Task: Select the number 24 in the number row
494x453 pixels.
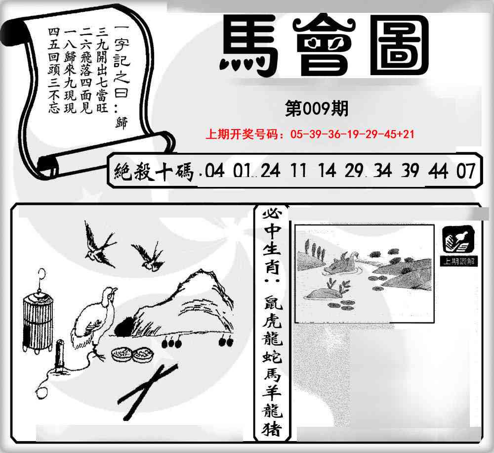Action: click(270, 171)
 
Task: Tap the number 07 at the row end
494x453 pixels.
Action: click(466, 171)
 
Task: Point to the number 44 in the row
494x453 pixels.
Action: click(439, 171)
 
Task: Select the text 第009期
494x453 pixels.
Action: click(317, 108)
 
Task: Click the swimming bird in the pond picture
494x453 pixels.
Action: click(344, 262)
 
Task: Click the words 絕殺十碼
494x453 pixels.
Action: click(153, 172)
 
